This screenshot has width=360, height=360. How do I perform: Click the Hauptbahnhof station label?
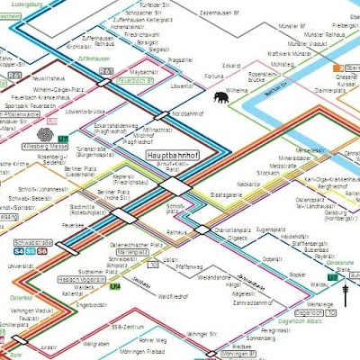pos(172,155)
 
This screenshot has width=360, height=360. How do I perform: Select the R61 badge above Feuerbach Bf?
pos(106,70)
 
